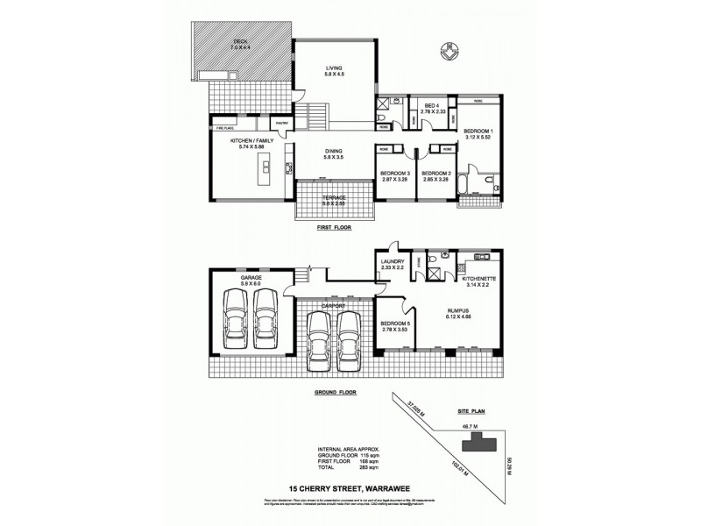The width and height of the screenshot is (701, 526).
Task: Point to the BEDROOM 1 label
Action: pyautogui.click(x=479, y=134)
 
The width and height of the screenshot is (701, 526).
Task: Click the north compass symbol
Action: pyautogui.click(x=450, y=53)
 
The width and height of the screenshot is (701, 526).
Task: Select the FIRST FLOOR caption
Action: pyautogui.click(x=336, y=227)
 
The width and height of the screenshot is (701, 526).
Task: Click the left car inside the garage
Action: pyautogui.click(x=235, y=323)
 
